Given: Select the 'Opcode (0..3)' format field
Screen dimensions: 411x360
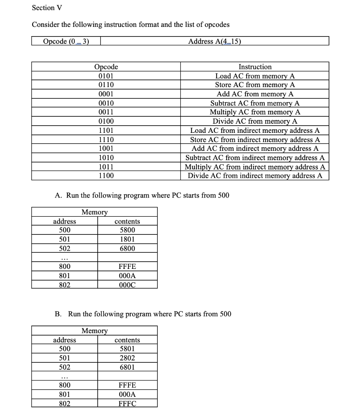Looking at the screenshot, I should [65, 41].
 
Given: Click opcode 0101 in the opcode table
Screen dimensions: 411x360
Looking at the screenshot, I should [106, 76].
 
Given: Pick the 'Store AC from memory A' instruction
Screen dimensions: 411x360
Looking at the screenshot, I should [255, 85].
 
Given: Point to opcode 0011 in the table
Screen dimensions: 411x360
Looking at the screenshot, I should [106, 112].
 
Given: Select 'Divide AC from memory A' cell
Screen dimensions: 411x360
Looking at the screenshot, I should [255, 121].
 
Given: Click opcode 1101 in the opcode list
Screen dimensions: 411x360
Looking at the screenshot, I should [106, 130].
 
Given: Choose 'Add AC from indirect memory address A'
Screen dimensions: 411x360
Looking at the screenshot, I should [255, 149].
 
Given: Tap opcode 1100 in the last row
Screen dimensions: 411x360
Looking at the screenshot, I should [106, 176].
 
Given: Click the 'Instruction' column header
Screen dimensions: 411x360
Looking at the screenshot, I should [255, 67].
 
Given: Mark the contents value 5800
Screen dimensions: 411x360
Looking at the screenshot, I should [127, 230].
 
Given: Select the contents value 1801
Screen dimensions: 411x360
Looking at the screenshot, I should [127, 240].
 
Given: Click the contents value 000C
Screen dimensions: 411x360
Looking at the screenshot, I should [127, 285].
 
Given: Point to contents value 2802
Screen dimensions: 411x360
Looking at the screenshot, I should [127, 358].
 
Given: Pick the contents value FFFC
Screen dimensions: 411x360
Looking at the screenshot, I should [127, 403].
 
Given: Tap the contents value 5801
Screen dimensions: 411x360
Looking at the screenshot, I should [127, 349].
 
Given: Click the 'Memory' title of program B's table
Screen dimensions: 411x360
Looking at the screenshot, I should [94, 331].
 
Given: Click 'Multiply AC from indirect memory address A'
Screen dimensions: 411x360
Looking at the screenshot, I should [255, 167].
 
